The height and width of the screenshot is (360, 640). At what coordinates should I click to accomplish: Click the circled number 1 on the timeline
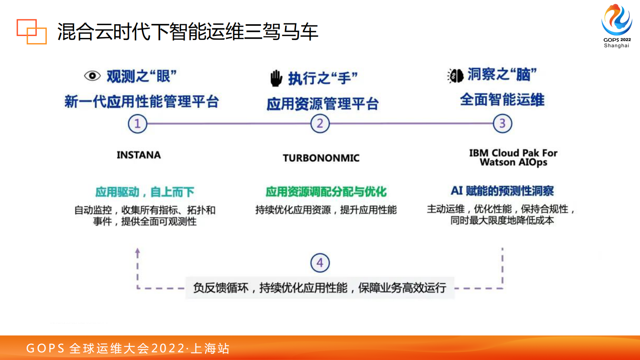138,123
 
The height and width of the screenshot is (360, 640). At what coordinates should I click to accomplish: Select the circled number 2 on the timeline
320,123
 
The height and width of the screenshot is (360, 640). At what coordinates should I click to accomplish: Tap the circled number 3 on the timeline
502,123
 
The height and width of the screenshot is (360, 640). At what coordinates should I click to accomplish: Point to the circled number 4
320,263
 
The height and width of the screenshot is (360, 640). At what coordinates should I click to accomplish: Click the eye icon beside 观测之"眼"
92,76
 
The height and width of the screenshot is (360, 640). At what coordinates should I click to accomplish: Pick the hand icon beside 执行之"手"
276,78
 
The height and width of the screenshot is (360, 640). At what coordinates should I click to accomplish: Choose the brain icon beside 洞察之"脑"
456,75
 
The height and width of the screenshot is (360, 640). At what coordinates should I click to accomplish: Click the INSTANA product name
139,155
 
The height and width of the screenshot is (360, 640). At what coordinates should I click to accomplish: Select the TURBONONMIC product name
321,158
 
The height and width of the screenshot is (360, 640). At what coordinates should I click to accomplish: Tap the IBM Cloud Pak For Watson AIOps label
513,158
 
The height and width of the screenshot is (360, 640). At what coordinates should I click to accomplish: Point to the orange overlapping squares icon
31,31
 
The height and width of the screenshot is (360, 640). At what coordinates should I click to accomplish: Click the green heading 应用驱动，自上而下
145,192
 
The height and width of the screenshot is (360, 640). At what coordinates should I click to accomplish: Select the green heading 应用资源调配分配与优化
326,192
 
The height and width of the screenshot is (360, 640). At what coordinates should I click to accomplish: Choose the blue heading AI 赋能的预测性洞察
502,190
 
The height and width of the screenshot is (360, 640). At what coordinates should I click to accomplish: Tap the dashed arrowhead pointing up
138,252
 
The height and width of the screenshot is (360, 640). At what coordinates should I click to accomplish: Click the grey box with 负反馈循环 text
320,288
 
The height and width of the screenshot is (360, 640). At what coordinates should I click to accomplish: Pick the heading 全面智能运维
502,100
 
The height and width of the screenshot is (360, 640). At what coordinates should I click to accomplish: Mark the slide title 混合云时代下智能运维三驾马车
188,32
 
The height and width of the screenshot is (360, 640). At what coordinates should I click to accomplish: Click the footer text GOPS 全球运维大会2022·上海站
128,348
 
